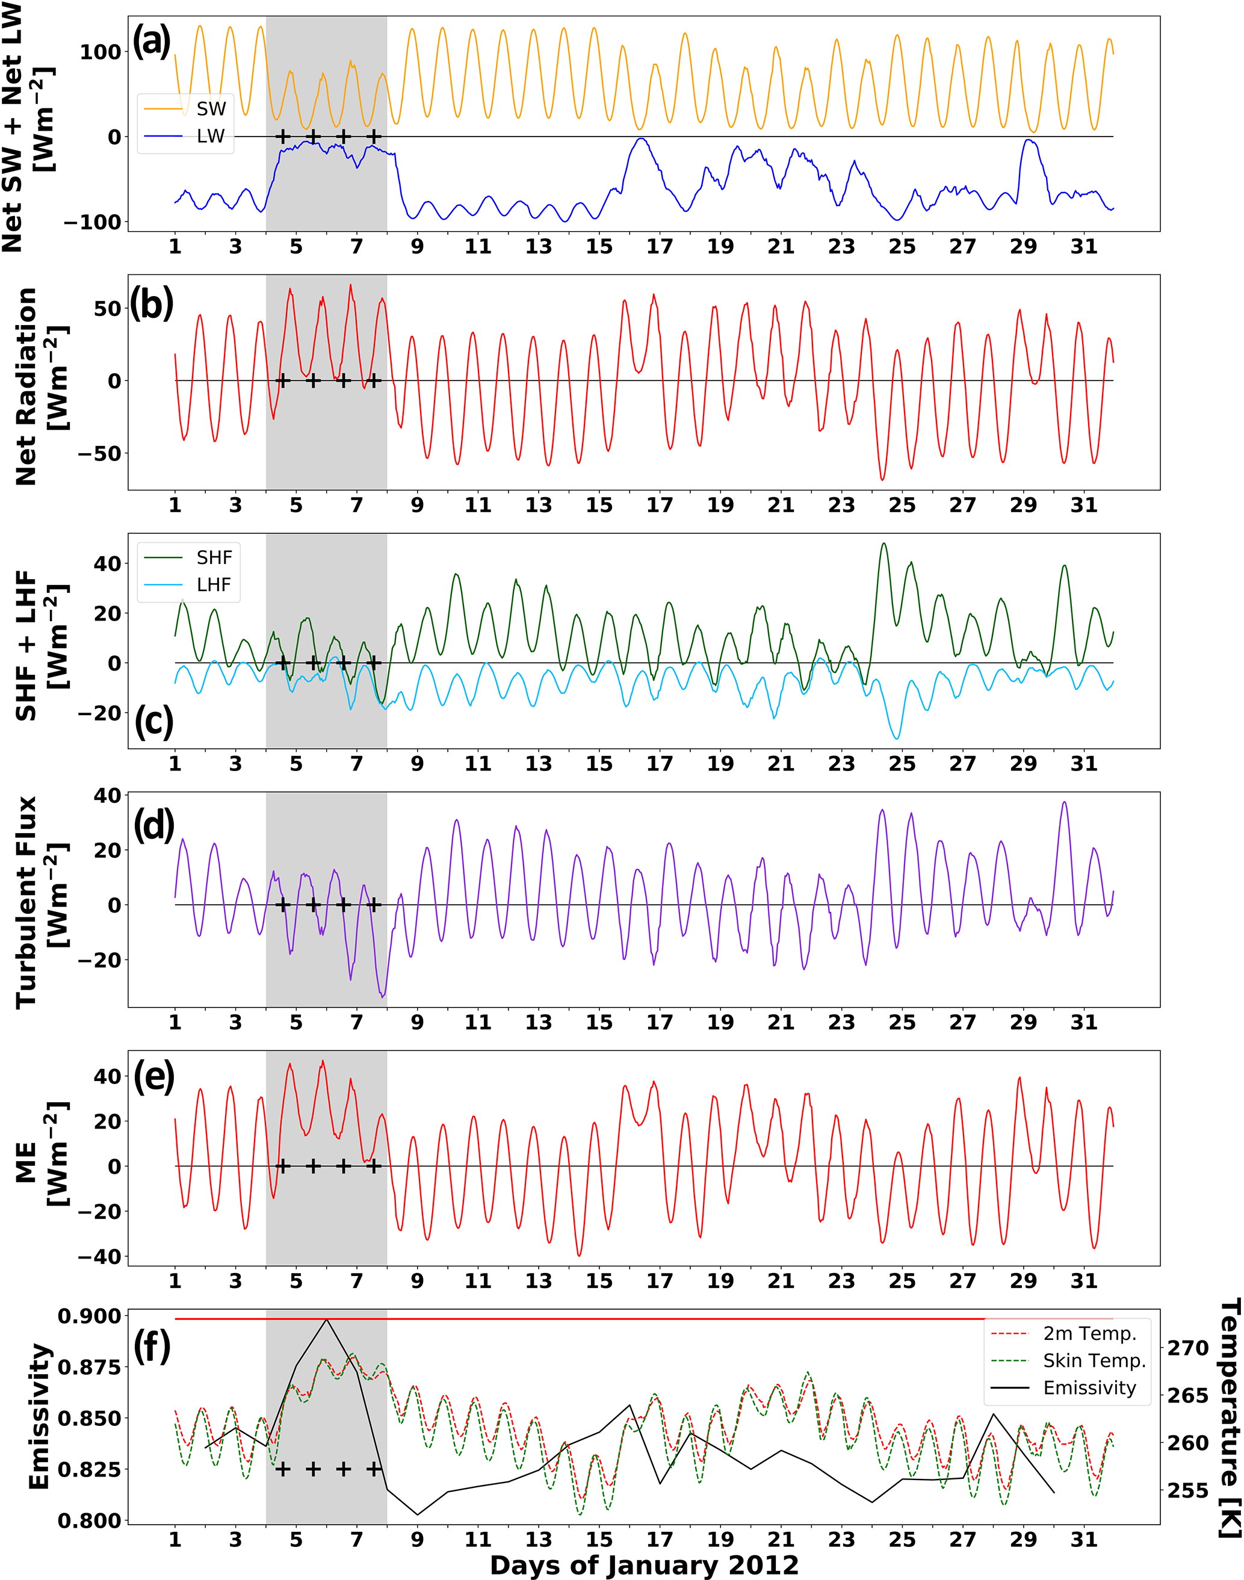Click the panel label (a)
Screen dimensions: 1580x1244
coord(152,41)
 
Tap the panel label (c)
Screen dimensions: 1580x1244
coord(153,721)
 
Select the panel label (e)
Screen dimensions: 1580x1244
coord(153,1076)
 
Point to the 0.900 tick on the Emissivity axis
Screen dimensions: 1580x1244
coord(90,1316)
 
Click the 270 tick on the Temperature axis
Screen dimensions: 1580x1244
coord(1188,1348)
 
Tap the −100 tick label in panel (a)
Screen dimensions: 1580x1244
coord(91,222)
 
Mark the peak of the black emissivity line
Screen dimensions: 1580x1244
coord(326,1319)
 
